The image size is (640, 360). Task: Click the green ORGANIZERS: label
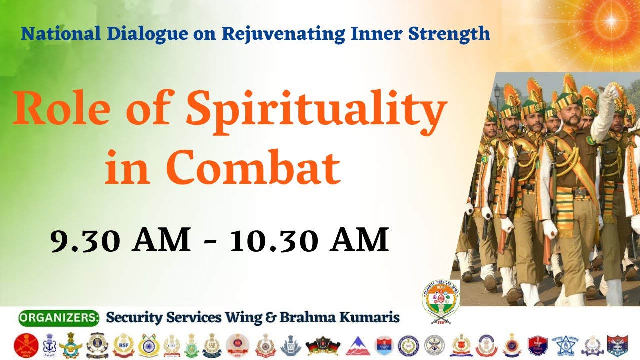click(x=59, y=317)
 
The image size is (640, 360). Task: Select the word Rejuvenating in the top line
click(x=283, y=34)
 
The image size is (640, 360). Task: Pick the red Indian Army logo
click(x=26, y=345)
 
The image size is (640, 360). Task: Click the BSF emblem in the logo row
click(x=123, y=345)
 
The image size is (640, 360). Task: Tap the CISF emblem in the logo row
click(x=171, y=345)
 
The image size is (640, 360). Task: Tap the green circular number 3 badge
click(x=484, y=159)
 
